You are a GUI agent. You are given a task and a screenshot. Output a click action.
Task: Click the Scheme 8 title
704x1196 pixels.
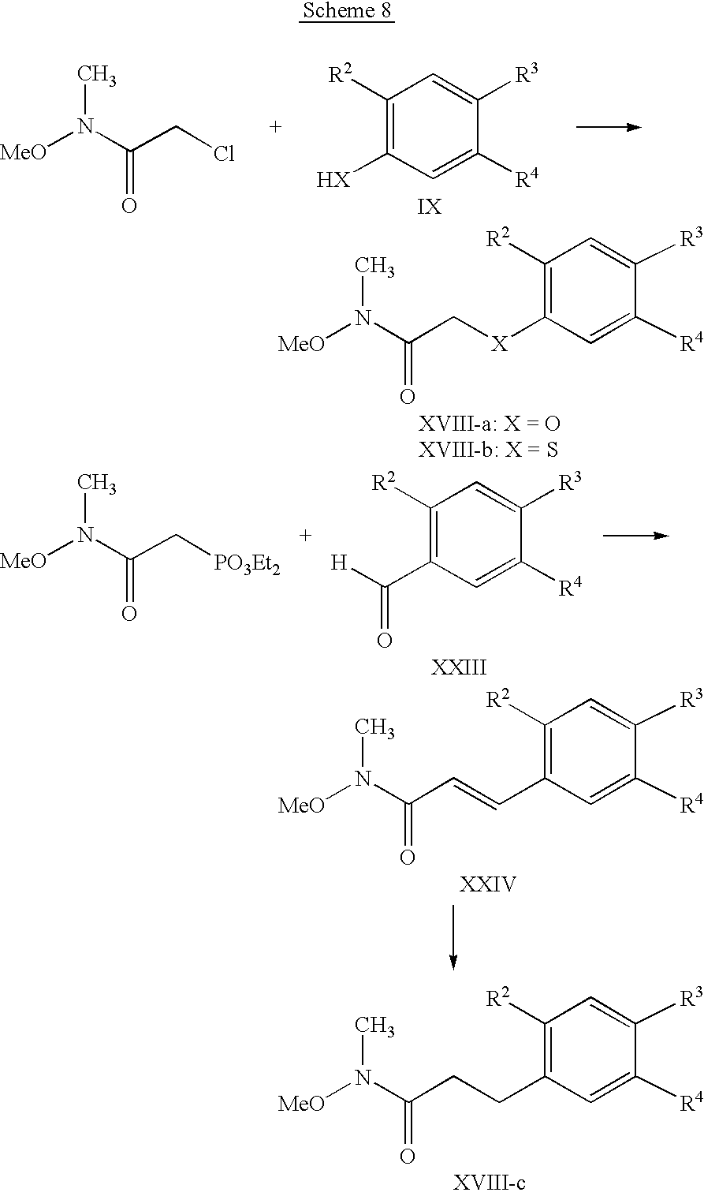point(346,13)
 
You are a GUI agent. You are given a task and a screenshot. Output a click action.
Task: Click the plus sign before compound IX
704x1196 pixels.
point(276,127)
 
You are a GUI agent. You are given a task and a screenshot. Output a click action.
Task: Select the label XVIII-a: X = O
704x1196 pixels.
point(489,424)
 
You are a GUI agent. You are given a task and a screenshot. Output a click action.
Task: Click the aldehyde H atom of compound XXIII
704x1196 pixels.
point(337,562)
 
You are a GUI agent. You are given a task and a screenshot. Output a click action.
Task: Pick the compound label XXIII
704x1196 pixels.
point(458,667)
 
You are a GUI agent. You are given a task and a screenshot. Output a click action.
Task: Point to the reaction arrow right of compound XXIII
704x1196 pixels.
point(635,536)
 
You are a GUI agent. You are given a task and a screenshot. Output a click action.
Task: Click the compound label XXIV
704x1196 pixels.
point(487,885)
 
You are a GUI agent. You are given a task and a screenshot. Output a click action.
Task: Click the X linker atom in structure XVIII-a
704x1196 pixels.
point(499,345)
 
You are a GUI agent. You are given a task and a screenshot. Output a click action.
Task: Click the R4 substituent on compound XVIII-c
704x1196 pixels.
point(691,1101)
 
